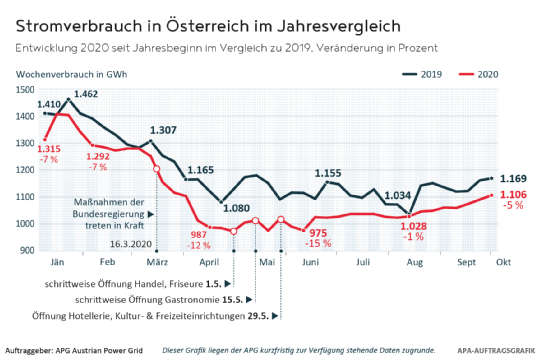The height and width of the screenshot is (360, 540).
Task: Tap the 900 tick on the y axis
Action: (x=30, y=250)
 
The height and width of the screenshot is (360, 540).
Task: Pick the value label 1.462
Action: (x=85, y=94)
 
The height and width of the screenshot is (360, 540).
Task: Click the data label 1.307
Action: (x=164, y=130)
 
